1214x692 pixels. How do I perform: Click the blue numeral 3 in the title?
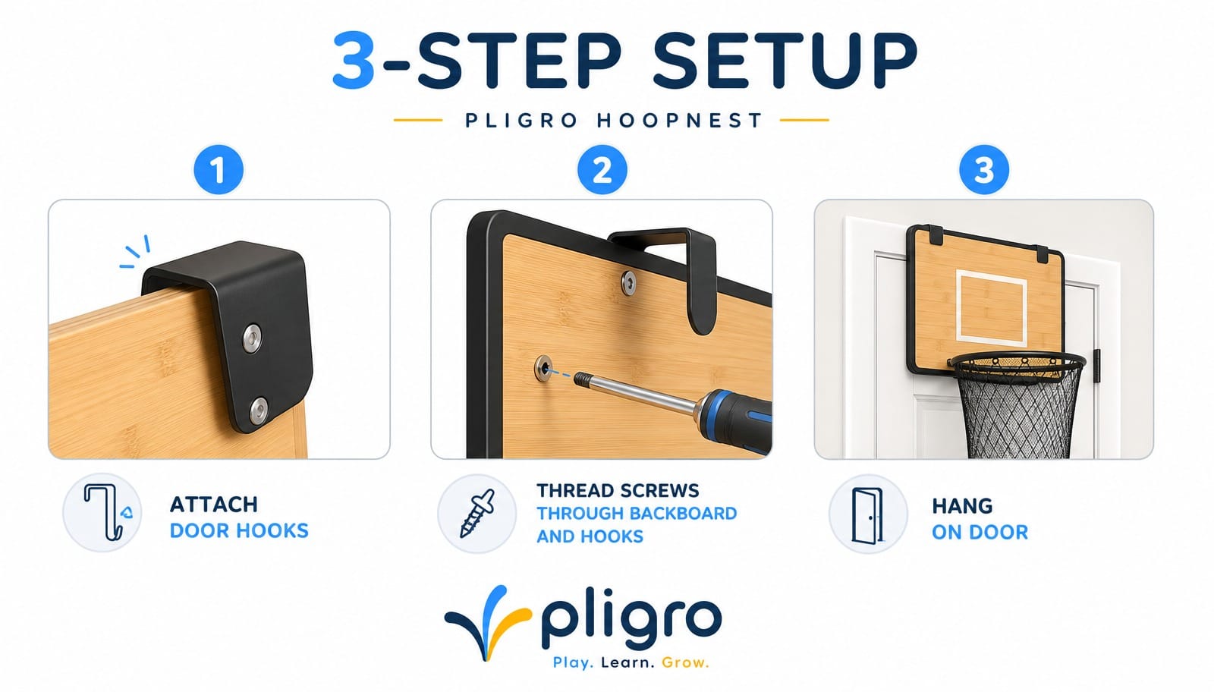354,60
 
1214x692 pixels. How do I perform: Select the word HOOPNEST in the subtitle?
680,121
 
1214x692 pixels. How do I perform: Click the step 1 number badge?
219,170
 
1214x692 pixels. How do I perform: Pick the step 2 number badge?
602,170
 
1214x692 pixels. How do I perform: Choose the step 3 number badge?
984,170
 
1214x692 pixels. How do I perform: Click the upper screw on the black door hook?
251,338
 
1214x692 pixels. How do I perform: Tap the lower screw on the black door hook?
258,410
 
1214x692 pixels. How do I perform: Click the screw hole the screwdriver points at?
543,369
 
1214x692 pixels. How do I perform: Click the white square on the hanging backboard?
992,308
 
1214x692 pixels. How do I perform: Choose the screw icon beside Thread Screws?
477,513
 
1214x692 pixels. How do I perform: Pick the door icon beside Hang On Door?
867,515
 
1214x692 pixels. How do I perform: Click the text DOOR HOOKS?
239,531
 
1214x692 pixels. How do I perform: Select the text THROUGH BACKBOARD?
637,513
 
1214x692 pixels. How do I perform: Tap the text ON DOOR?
980,533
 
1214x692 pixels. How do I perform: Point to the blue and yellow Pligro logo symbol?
488,622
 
